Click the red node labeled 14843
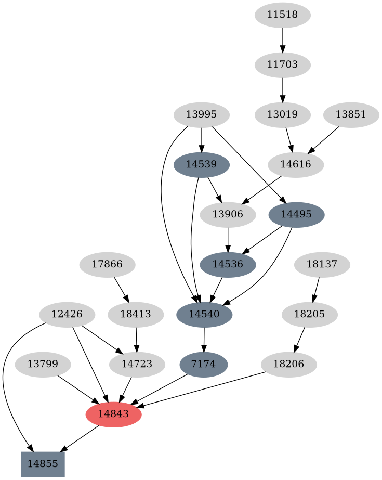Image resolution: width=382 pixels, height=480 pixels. [113, 414]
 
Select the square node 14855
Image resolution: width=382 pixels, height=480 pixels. [43, 464]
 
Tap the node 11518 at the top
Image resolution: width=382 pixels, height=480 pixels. [282, 15]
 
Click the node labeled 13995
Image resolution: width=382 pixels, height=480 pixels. [201, 115]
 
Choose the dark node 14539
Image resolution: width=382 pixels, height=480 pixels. [201, 165]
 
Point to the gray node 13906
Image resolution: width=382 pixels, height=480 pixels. [228, 215]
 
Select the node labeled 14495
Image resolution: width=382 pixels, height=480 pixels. [296, 214]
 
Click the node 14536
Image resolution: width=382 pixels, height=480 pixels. [228, 264]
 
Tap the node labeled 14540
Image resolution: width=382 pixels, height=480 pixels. [204, 314]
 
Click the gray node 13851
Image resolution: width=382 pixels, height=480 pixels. [351, 115]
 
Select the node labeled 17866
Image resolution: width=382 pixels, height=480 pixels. [107, 264]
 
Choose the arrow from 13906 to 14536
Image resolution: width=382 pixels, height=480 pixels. [228, 239]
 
